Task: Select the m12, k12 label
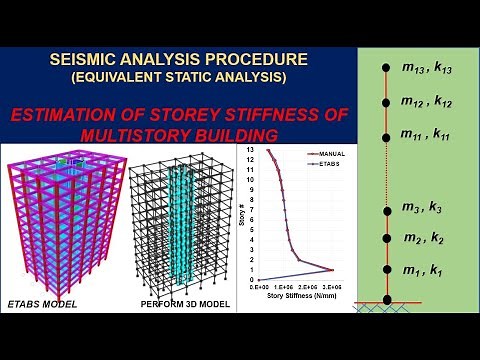[427, 101]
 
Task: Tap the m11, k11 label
[427, 134]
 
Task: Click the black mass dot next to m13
[387, 68]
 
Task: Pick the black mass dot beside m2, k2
[387, 239]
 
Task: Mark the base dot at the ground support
[387, 298]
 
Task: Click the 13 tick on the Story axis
[253, 150]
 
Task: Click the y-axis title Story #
[241, 214]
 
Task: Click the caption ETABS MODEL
[43, 303]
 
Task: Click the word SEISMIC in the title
[85, 60]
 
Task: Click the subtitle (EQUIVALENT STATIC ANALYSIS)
[170, 76]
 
